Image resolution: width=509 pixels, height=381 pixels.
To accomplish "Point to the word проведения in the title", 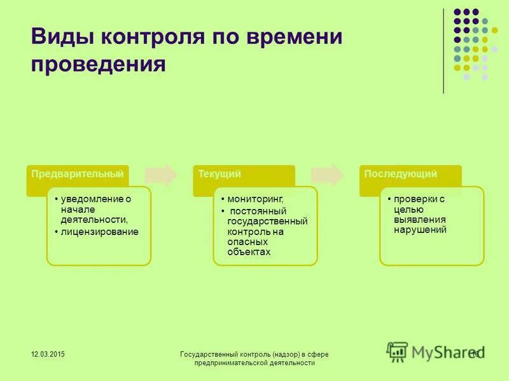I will [98, 63].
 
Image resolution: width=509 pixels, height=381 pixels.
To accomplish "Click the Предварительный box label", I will [78, 173].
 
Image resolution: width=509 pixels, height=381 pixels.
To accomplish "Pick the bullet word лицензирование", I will [101, 232].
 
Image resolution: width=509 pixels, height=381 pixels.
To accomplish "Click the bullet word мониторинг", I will [256, 199].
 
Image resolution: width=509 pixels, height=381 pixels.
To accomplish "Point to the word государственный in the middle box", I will [267, 222].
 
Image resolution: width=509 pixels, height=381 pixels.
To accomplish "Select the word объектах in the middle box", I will [249, 251].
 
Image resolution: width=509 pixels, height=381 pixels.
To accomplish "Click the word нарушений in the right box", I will [420, 229].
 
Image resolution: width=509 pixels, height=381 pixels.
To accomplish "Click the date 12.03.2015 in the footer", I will [48, 353].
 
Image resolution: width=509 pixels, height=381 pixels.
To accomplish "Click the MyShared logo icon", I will [398, 352].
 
